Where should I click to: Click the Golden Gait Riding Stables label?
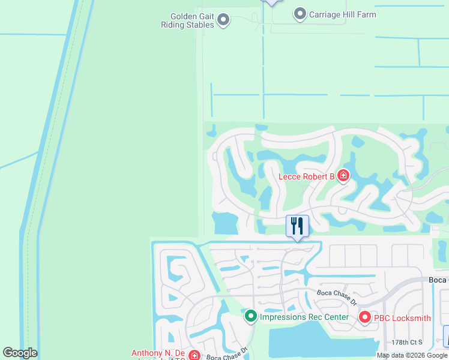(187, 20)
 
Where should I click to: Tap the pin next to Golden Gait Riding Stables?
(223, 20)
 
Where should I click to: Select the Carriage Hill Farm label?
(342, 14)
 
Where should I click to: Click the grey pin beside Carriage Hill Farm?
(300, 14)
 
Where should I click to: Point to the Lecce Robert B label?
(306, 176)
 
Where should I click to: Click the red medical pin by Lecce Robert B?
(343, 176)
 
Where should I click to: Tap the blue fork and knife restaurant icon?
(297, 226)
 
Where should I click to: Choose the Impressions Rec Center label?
(304, 317)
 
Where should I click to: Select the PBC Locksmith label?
(403, 317)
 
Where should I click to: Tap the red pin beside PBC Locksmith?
(364, 317)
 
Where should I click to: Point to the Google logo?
(20, 353)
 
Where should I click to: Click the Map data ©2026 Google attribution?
(412, 355)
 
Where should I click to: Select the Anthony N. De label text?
(159, 353)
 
